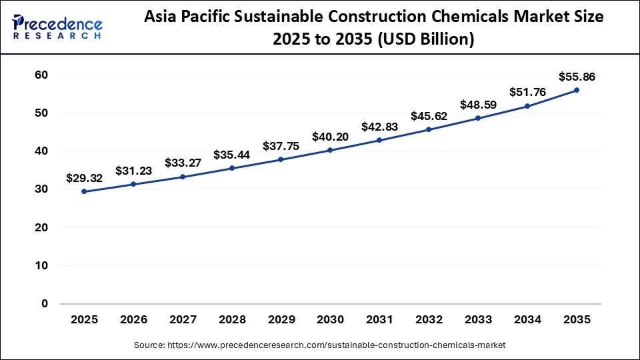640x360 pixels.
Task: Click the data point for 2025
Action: coord(84,191)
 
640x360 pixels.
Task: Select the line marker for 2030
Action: coord(330,150)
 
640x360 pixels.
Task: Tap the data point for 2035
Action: coord(577,90)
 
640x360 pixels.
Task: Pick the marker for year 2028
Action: coord(231,168)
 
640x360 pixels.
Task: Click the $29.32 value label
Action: coord(84,178)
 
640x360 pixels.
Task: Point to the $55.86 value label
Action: coord(577,77)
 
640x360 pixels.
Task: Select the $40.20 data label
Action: coord(330,137)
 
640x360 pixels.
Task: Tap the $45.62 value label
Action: coord(429,116)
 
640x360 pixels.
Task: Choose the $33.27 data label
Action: coord(183,163)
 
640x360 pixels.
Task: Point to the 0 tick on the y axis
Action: coord(45,304)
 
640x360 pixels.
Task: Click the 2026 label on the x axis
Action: coord(133,320)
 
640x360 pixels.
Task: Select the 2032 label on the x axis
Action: coord(429,320)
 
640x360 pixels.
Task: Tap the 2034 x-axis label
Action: coord(527,320)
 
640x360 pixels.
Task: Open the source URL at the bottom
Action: coord(320,345)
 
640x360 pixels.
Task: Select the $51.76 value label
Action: coord(527,92)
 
